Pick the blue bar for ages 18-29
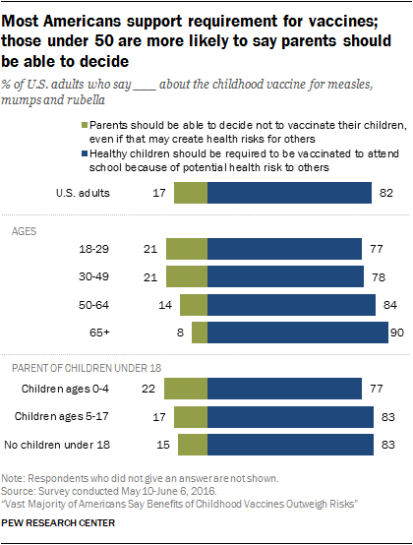click(x=284, y=250)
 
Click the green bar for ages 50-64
click(x=195, y=305)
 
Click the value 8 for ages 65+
click(x=181, y=333)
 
